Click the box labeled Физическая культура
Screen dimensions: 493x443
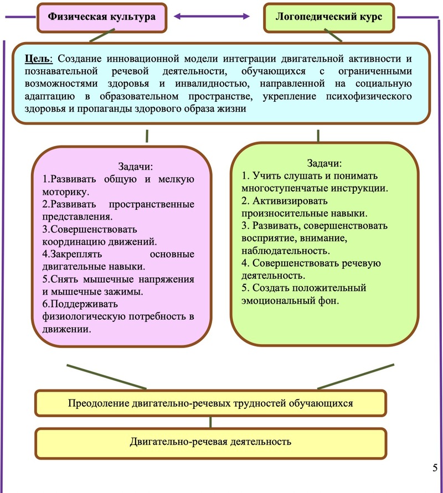pos(101,17)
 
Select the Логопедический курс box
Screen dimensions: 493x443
pos(330,17)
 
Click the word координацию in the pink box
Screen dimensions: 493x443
pos(70,242)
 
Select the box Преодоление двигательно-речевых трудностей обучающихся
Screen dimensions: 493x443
pos(210,403)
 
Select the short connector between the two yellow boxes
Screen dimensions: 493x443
pos(210,422)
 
